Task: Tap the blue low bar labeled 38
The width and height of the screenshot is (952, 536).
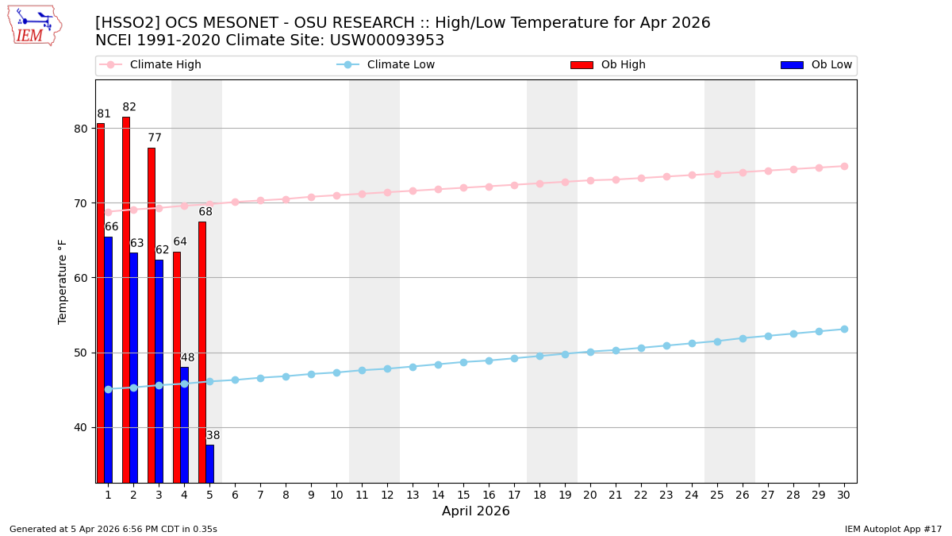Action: click(x=209, y=464)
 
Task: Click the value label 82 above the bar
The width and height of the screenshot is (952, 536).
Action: click(x=129, y=107)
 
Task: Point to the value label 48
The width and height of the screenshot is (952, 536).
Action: click(x=187, y=357)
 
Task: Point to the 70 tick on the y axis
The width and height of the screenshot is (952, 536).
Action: click(x=82, y=203)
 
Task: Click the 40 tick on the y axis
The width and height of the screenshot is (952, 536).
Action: click(x=82, y=427)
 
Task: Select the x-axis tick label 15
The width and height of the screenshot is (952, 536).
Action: click(x=463, y=495)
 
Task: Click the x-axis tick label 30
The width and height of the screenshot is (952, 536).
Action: click(x=844, y=495)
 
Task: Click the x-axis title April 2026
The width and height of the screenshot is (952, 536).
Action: click(x=476, y=511)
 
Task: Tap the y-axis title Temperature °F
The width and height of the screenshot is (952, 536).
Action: click(x=63, y=281)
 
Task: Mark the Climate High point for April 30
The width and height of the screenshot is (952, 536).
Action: click(x=844, y=166)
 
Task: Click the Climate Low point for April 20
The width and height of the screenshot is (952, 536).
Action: click(x=590, y=352)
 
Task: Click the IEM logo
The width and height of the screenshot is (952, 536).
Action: click(x=34, y=25)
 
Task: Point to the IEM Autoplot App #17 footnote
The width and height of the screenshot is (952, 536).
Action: click(x=893, y=529)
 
